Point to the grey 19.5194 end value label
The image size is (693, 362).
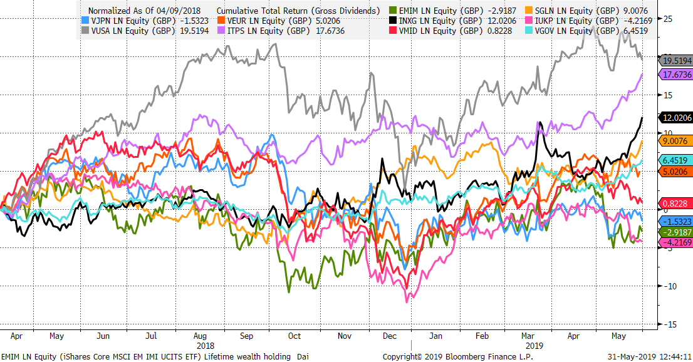click(676, 60)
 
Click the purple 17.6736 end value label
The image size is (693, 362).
click(676, 75)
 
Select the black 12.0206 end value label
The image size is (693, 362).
click(676, 117)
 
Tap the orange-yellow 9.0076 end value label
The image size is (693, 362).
click(676, 141)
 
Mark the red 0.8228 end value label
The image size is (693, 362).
click(676, 204)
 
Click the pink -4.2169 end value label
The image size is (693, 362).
click(676, 242)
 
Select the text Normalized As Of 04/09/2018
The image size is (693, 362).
click(145, 11)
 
